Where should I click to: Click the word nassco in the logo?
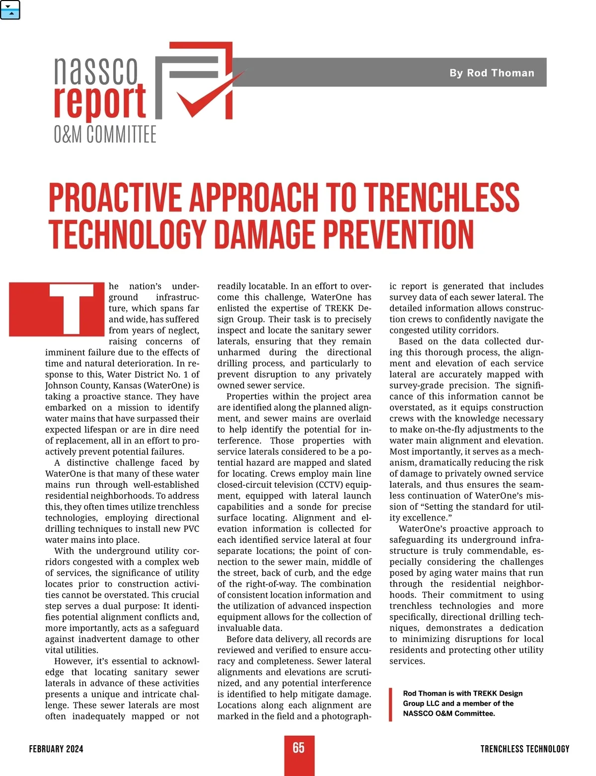[x=96, y=71]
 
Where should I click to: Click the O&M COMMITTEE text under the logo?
[x=105, y=135]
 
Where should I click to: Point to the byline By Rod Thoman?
[x=492, y=73]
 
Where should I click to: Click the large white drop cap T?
[x=72, y=309]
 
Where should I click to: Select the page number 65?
[x=298, y=748]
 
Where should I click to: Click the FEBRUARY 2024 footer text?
[x=56, y=749]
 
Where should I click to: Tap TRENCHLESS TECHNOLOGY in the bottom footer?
[x=524, y=749]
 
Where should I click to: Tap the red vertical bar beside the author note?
[x=391, y=704]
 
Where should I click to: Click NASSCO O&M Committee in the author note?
[x=448, y=713]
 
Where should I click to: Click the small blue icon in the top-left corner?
[x=10, y=9]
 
